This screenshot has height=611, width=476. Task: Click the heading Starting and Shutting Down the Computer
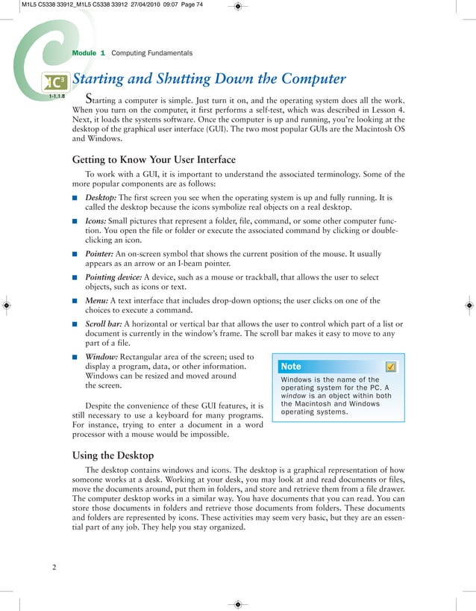point(209,79)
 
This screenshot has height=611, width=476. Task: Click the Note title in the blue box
point(291,366)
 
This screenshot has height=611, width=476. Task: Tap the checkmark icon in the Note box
point(391,366)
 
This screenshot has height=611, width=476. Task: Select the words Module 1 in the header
point(88,53)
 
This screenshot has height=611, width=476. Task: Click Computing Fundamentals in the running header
point(151,53)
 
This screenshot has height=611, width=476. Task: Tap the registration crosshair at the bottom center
point(237,603)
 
